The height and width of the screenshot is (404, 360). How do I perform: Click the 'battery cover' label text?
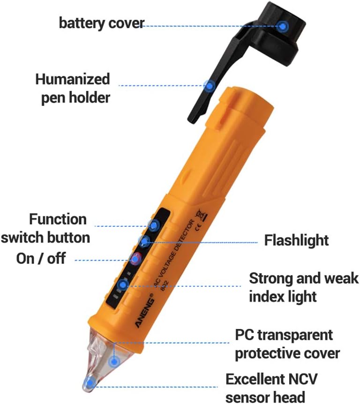point(101,23)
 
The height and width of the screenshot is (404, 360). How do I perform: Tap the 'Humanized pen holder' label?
point(73,88)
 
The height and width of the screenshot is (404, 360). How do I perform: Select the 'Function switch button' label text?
point(45,228)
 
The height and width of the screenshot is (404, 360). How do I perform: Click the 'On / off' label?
point(41,258)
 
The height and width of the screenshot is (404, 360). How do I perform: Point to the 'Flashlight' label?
point(296,240)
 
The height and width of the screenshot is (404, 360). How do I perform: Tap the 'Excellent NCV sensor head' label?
point(268,387)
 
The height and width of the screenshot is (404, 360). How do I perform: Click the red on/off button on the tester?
point(136,257)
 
